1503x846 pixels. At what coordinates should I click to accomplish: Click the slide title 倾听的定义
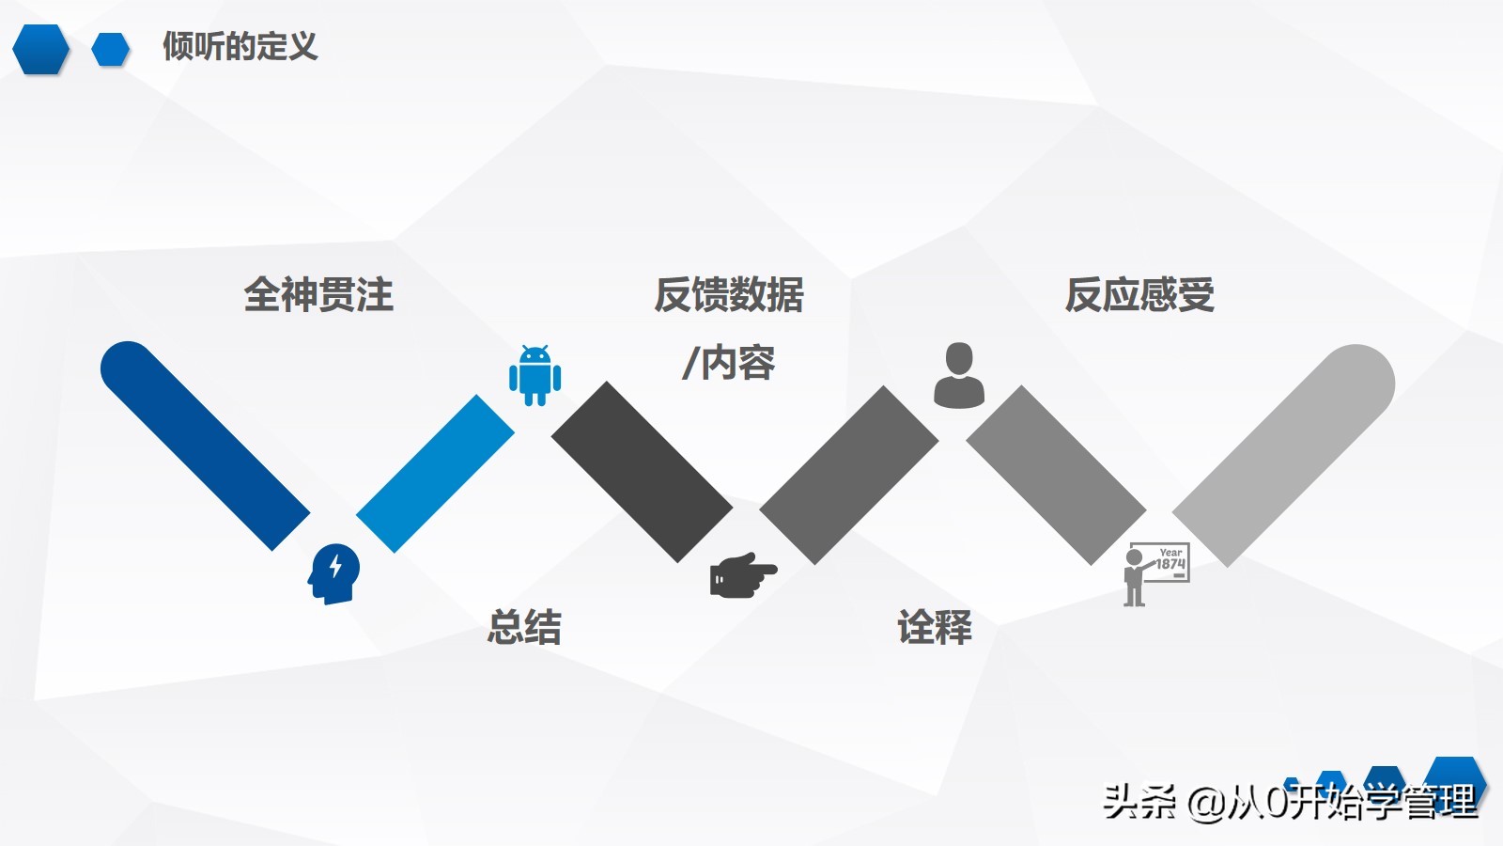(x=240, y=46)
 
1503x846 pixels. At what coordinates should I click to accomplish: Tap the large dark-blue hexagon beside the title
(x=41, y=49)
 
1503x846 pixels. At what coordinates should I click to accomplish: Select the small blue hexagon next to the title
(x=111, y=49)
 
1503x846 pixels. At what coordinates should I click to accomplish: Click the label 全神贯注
(x=318, y=294)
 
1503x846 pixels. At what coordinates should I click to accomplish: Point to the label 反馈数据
(x=729, y=294)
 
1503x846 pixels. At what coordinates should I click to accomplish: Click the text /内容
(x=728, y=363)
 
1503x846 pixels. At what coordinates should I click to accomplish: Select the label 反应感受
(x=1139, y=294)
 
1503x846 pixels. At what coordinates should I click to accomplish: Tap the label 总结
(x=524, y=627)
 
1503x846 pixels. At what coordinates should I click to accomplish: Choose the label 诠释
(x=935, y=627)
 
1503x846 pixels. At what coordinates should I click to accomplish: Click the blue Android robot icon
(x=535, y=375)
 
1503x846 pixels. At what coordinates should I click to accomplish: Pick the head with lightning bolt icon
(x=333, y=574)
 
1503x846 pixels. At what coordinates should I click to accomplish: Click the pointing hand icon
(x=743, y=574)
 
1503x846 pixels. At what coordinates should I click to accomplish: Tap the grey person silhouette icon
(x=959, y=375)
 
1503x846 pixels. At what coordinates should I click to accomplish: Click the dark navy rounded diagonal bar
(x=204, y=446)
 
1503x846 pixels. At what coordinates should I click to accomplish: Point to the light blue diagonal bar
(x=435, y=474)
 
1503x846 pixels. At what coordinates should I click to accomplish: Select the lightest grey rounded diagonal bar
(x=1284, y=455)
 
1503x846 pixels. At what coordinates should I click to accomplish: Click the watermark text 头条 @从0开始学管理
(x=1291, y=802)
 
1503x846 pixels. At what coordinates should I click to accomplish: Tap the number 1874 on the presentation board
(x=1170, y=564)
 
